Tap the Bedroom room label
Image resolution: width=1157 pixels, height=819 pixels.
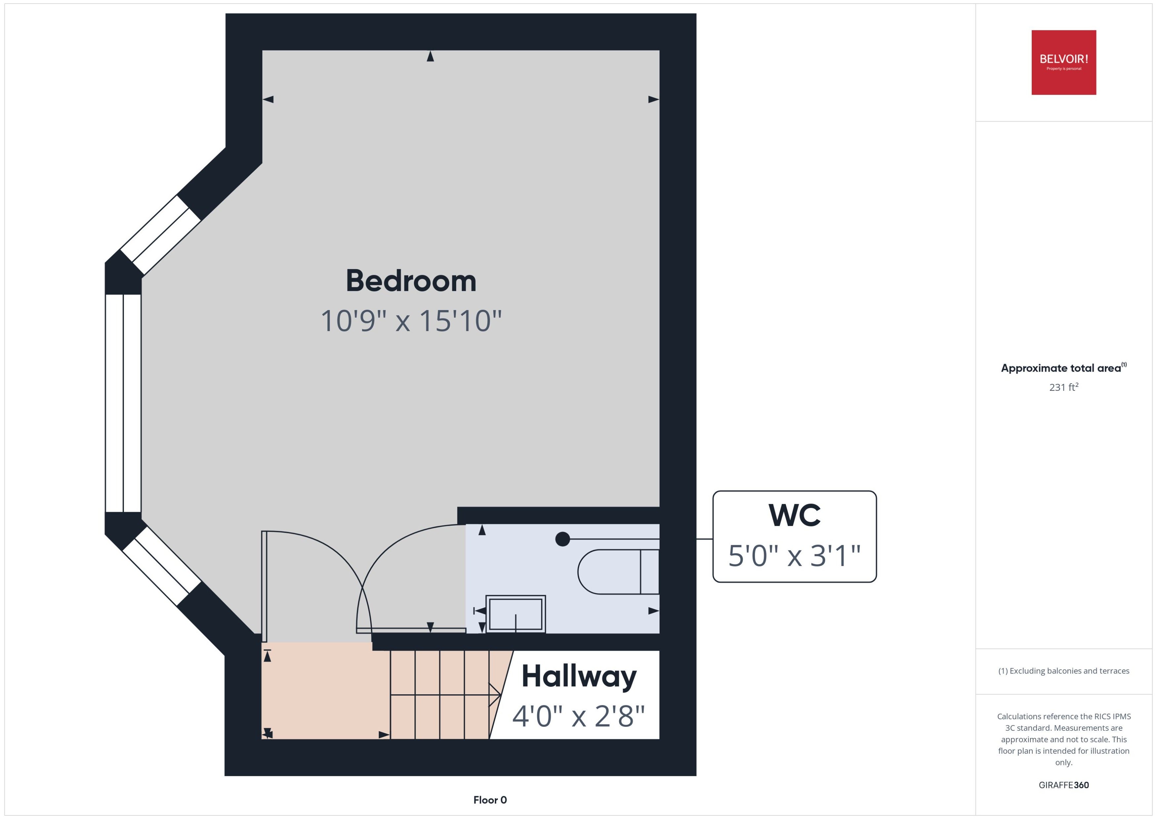pos(411,281)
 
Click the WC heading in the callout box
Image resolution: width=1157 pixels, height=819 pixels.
pos(794,515)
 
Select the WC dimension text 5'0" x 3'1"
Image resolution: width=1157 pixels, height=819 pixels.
pos(794,556)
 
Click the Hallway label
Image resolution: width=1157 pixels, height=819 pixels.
pos(579,677)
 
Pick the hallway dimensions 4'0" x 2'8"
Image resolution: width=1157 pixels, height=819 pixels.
pos(579,716)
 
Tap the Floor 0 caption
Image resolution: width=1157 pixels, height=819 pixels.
pos(490,800)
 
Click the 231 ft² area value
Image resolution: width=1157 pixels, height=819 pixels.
pos(1064,387)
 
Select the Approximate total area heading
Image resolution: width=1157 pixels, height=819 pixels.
pos(1064,368)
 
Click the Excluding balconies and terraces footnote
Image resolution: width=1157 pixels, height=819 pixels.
pos(1064,671)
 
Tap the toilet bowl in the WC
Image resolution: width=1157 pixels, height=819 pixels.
pos(618,571)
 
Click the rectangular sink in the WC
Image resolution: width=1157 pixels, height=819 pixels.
pos(516,614)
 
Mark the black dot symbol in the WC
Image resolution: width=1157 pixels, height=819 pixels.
pos(563,539)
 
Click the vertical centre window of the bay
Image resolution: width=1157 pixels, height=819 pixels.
pos(123,403)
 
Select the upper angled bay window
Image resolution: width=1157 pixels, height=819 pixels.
pos(160,235)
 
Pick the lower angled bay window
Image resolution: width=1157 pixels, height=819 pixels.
pos(162,566)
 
